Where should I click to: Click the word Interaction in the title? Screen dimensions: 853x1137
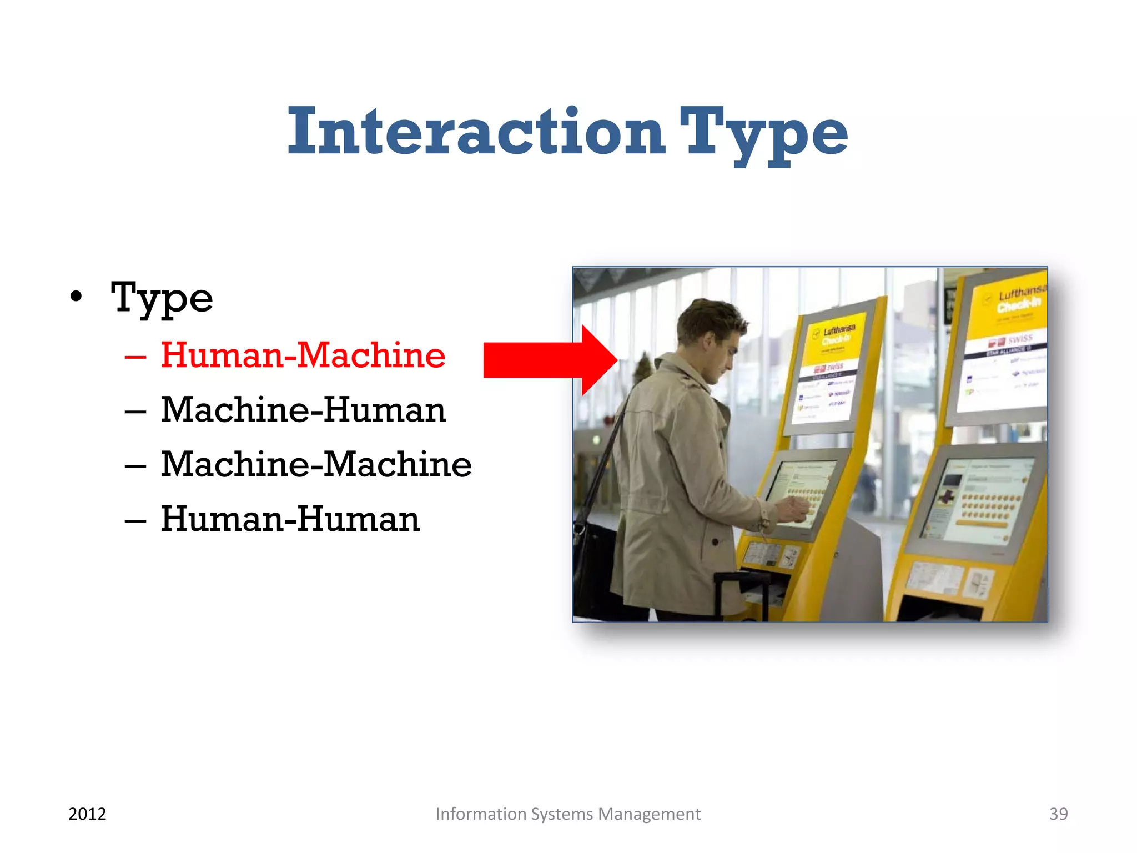(476, 132)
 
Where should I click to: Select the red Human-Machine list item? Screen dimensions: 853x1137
(303, 355)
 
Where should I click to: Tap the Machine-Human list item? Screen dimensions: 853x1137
(303, 410)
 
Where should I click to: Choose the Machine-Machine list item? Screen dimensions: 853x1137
(316, 464)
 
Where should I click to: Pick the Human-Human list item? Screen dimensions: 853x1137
(290, 519)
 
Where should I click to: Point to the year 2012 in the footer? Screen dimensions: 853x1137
(87, 814)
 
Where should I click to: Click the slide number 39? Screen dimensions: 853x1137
(1058, 814)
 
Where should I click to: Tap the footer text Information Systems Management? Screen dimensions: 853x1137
(568, 814)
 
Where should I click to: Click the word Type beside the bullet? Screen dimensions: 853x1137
(162, 298)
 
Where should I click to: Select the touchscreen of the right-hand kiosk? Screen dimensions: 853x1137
(977, 497)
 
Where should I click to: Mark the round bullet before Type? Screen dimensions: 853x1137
(77, 298)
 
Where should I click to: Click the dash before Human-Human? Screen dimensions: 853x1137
(135, 521)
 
